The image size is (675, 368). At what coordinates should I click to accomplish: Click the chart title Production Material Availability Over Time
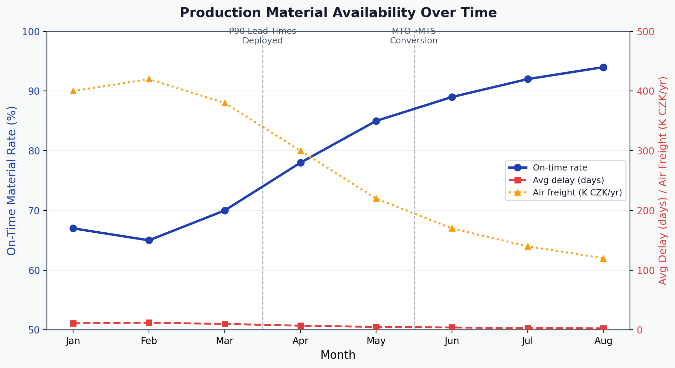click(338, 13)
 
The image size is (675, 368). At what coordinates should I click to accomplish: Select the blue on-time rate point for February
click(149, 240)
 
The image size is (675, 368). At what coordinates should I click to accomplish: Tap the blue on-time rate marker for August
click(603, 67)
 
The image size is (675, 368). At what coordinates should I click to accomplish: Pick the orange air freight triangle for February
click(149, 79)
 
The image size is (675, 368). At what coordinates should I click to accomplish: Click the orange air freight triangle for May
click(376, 199)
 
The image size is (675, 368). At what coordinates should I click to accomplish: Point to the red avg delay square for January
click(73, 323)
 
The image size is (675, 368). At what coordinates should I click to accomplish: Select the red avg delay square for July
click(528, 328)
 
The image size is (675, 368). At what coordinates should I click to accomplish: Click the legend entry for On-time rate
click(560, 168)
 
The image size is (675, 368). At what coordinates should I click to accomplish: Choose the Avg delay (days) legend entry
click(568, 180)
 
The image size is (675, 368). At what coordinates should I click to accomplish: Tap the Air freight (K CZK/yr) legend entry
click(577, 192)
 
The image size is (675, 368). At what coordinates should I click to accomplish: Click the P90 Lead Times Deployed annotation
click(262, 36)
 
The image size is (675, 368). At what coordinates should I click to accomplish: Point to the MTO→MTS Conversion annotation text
click(414, 36)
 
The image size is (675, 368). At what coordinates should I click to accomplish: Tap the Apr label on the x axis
click(300, 341)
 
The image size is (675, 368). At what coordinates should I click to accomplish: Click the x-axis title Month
click(338, 355)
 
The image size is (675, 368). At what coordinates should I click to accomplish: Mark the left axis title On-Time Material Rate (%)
click(12, 180)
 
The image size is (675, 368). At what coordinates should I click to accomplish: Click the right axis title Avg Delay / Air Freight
click(663, 180)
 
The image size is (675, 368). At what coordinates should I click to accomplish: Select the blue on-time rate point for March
click(225, 210)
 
